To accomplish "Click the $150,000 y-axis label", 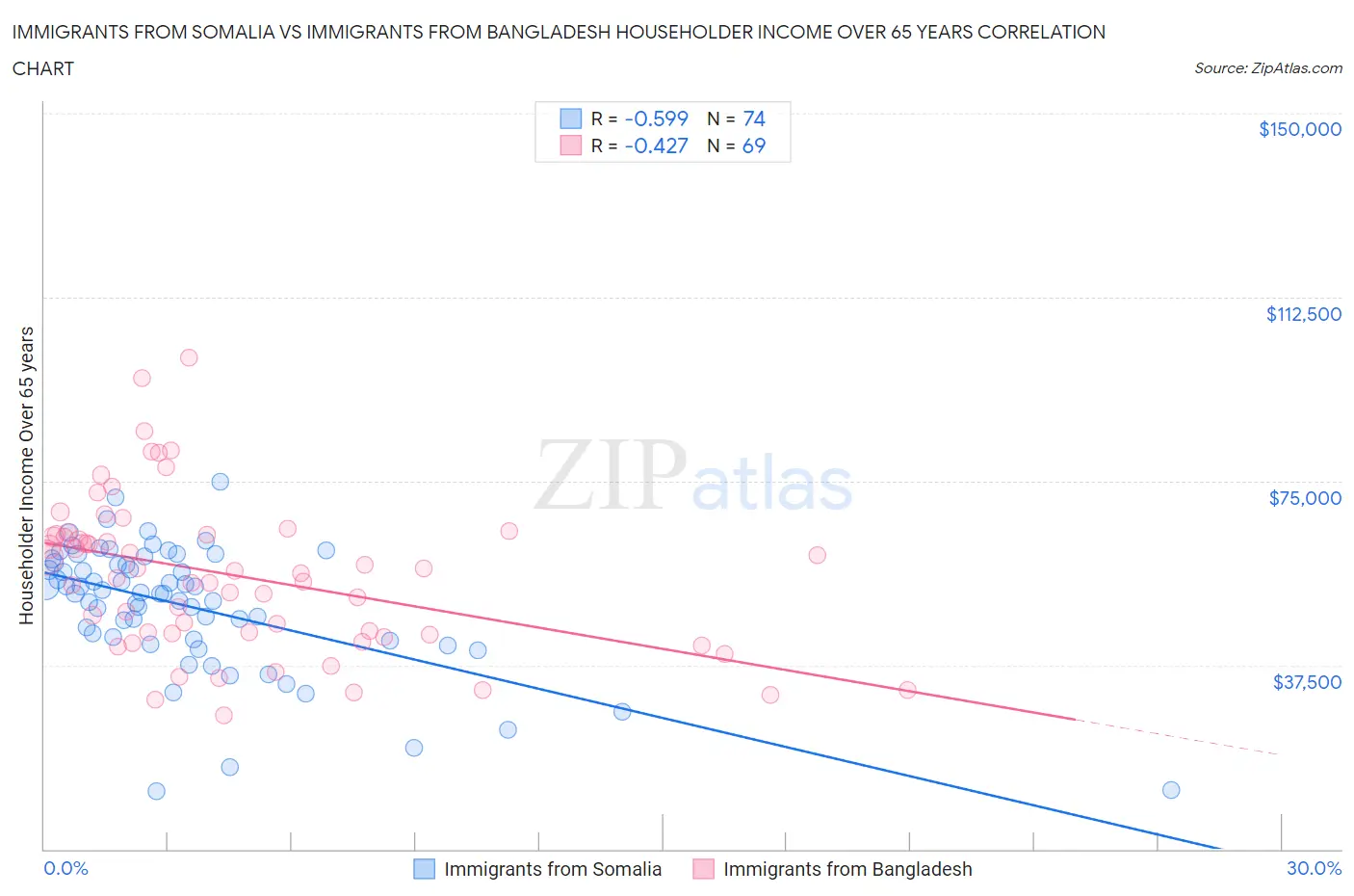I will (x=1299, y=129).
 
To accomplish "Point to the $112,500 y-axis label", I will (x=1303, y=314).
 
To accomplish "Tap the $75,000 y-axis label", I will (x=1304, y=498).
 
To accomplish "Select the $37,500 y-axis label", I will (x=1306, y=682).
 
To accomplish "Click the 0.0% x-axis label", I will (x=65, y=868).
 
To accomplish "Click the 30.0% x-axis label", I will (x=1314, y=868).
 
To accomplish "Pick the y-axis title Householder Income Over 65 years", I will (x=27, y=475).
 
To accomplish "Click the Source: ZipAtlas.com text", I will (x=1267, y=68).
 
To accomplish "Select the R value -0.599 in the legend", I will (x=656, y=119).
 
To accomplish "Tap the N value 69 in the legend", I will (x=753, y=145).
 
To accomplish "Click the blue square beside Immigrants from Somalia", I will (x=425, y=869).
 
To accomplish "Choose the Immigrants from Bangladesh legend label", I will (x=847, y=869).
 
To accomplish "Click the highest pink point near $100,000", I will (x=189, y=357).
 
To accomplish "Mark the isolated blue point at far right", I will (x=1171, y=790).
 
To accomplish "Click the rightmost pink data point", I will (x=907, y=690).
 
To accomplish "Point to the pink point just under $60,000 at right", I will (x=817, y=555).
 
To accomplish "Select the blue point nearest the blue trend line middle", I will (x=622, y=711).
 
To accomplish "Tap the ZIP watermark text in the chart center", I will (x=611, y=474).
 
